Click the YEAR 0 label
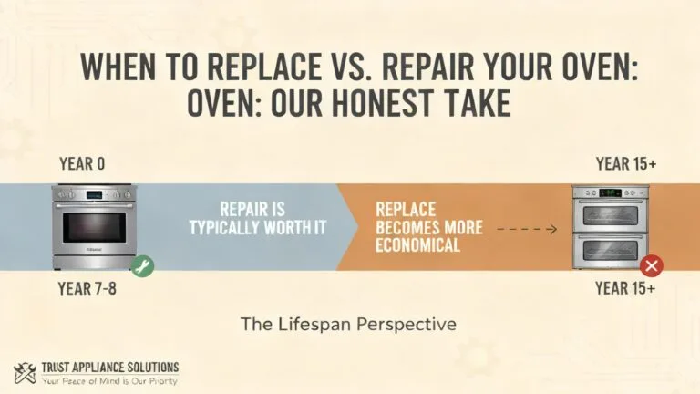(x=82, y=164)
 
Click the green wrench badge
(x=142, y=265)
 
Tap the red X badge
(x=651, y=265)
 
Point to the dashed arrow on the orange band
(x=527, y=230)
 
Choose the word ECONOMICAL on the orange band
(x=417, y=245)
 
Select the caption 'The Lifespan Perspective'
(x=347, y=323)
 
